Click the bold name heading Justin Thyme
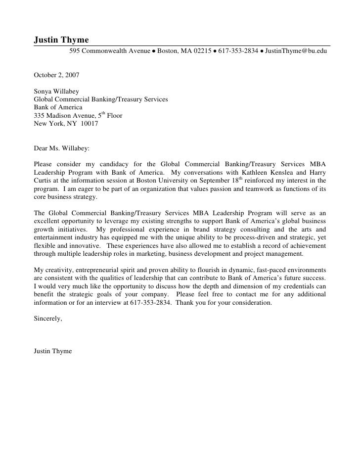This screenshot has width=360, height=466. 60,40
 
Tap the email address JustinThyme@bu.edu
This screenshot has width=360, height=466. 296,51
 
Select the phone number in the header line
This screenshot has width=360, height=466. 239,51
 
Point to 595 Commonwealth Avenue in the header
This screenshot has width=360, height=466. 106,51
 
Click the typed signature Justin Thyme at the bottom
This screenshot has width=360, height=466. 53,351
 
